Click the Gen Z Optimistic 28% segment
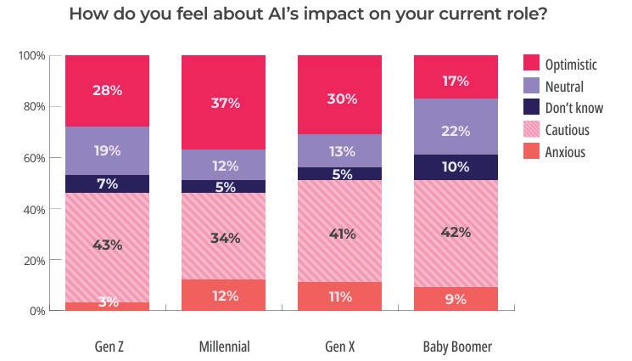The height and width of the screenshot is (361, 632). click(x=107, y=91)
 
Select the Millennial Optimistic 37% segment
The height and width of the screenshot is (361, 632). click(x=223, y=103)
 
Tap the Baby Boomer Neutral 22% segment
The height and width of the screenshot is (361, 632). click(x=456, y=127)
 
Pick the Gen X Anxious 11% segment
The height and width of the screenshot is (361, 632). click(x=340, y=296)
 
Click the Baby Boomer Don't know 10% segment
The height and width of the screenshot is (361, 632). click(x=456, y=167)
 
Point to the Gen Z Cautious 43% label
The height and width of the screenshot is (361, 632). click(x=107, y=245)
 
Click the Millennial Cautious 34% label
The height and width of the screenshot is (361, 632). click(x=226, y=238)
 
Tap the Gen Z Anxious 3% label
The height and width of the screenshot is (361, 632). click(x=109, y=302)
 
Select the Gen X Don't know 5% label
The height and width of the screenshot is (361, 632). click(x=342, y=174)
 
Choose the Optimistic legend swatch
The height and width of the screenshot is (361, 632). click(x=531, y=63)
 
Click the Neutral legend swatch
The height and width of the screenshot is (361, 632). click(x=531, y=86)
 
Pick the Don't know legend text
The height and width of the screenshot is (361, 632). click(x=574, y=108)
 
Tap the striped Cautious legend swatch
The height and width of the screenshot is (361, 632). click(x=531, y=129)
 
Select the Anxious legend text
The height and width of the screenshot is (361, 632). click(x=565, y=152)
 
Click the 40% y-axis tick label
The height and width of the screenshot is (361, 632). click(x=34, y=210)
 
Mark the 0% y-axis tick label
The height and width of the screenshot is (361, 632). click(x=37, y=311)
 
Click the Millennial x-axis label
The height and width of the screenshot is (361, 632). click(x=225, y=347)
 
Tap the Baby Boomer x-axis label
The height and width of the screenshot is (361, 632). click(x=457, y=347)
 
